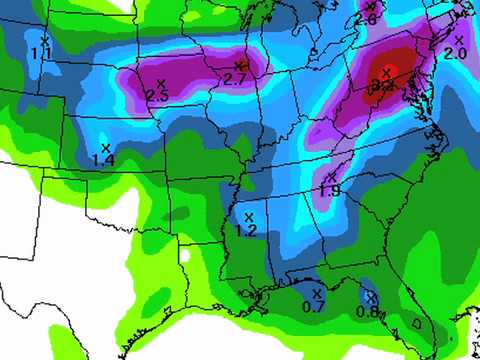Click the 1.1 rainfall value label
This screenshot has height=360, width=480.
(41, 52)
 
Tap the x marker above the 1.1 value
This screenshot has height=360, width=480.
(44, 40)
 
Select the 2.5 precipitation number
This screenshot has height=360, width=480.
(156, 95)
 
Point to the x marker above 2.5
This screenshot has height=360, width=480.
(160, 83)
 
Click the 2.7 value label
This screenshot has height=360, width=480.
(235, 79)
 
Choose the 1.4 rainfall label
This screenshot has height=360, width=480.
(102, 159)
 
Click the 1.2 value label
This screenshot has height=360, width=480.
(246, 230)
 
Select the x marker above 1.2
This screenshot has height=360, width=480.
(249, 216)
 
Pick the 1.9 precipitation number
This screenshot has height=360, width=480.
(330, 190)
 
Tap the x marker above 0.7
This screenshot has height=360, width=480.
(317, 293)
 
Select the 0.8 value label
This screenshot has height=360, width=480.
(367, 310)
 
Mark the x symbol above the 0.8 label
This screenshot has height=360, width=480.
(370, 297)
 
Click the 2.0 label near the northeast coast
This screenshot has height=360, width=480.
(455, 53)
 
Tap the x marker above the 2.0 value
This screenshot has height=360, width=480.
(458, 40)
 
